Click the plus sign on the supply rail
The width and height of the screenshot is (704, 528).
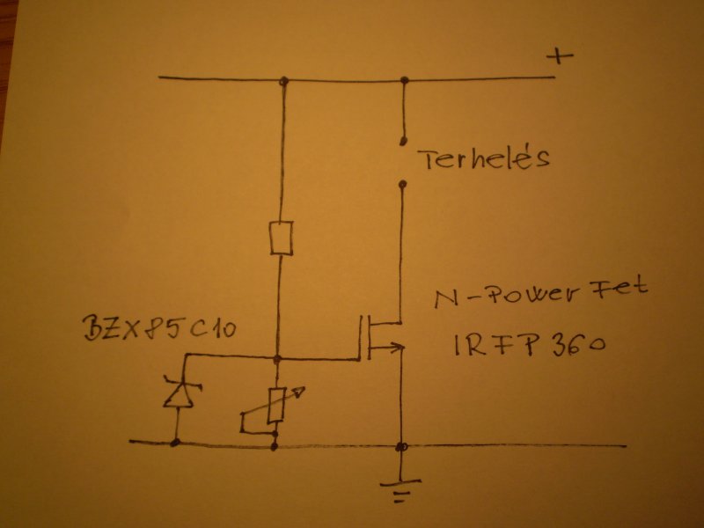click(x=559, y=57)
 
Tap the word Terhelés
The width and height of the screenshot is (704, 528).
click(x=483, y=160)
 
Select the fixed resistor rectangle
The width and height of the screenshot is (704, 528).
click(x=282, y=238)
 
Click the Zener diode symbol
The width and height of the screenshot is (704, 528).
click(x=177, y=393)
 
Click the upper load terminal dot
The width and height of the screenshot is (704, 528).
click(x=403, y=140)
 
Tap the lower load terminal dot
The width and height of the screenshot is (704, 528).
click(x=402, y=185)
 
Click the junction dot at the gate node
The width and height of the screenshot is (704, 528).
click(x=278, y=358)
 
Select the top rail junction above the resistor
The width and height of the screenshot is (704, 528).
click(x=282, y=82)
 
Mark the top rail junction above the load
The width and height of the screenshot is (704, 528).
click(x=405, y=81)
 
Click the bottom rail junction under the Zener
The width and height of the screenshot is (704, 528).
click(x=176, y=443)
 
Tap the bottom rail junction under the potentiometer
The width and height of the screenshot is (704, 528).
click(x=275, y=444)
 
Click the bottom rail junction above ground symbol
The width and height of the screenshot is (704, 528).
click(x=402, y=446)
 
